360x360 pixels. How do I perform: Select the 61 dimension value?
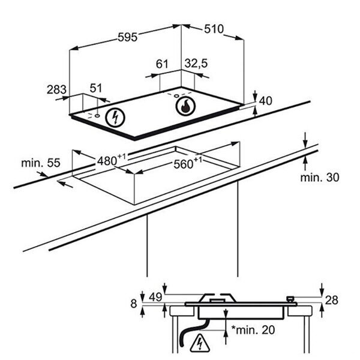162,64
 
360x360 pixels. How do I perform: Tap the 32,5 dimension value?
196,64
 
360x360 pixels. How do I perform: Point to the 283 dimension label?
57,89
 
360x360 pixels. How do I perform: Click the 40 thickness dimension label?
266,101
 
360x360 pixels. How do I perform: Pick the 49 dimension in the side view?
156,297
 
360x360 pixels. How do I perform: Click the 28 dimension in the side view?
332,300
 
